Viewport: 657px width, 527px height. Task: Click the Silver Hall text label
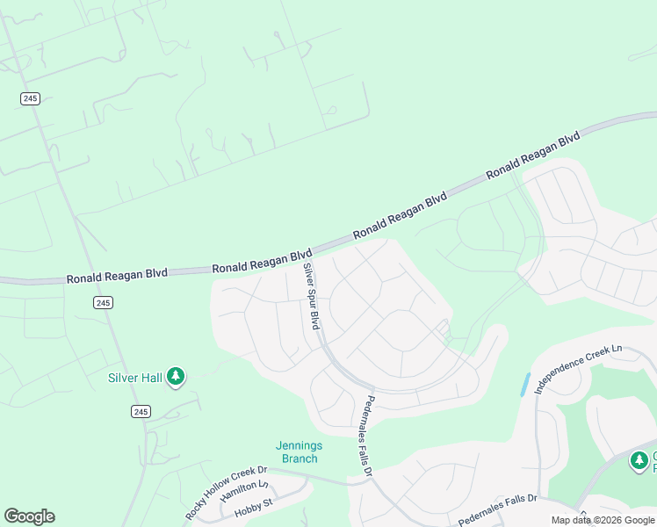tap(134, 378)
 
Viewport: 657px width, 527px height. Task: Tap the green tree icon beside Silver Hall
tap(176, 377)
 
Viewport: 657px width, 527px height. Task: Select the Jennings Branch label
tap(299, 451)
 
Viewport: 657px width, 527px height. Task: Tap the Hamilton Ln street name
tap(246, 489)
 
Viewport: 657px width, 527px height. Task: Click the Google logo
tap(29, 516)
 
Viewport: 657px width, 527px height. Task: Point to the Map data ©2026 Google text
tap(603, 520)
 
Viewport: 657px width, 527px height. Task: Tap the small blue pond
tap(525, 384)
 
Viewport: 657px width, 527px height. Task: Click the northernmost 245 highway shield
tap(30, 98)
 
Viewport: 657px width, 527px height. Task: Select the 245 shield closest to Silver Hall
tap(141, 411)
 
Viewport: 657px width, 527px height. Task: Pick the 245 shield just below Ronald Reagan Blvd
tap(104, 302)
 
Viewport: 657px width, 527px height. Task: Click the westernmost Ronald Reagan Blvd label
tap(116, 277)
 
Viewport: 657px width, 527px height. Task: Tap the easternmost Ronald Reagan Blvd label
tap(533, 155)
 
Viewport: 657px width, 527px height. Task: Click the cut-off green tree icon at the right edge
tap(640, 460)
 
